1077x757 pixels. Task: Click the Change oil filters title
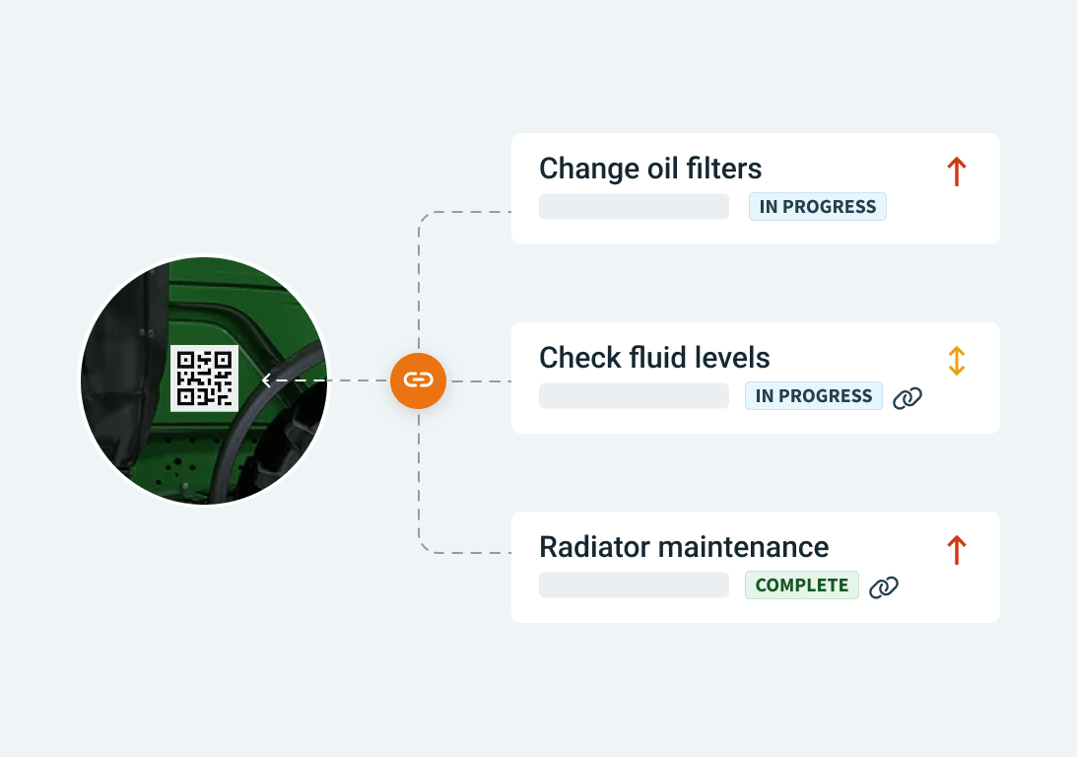pyautogui.click(x=649, y=169)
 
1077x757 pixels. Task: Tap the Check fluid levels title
pyautogui.click(x=654, y=358)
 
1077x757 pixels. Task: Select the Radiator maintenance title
pyautogui.click(x=684, y=547)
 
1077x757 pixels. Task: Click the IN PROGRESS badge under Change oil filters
pyautogui.click(x=818, y=207)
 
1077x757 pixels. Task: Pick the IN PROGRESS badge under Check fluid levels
pyautogui.click(x=813, y=395)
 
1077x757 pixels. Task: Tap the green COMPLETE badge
pyautogui.click(x=801, y=585)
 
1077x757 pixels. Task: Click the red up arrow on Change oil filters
pyautogui.click(x=956, y=172)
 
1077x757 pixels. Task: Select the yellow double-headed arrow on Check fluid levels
pyautogui.click(x=956, y=361)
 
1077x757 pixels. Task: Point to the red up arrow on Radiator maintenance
pyautogui.click(x=956, y=550)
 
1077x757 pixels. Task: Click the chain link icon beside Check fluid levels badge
pyautogui.click(x=908, y=398)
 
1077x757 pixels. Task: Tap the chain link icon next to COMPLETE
pyautogui.click(x=884, y=587)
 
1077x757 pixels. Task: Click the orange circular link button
pyautogui.click(x=419, y=380)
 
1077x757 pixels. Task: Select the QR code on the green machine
pyautogui.click(x=204, y=378)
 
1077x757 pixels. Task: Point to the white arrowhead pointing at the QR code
pyautogui.click(x=266, y=379)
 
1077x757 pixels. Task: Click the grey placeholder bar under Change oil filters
pyautogui.click(x=634, y=207)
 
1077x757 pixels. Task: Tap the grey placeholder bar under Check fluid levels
pyautogui.click(x=634, y=395)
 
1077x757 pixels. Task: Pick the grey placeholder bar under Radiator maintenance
pyautogui.click(x=634, y=585)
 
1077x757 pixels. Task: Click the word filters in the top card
pyautogui.click(x=724, y=169)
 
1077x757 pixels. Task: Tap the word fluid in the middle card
pyautogui.click(x=657, y=358)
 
